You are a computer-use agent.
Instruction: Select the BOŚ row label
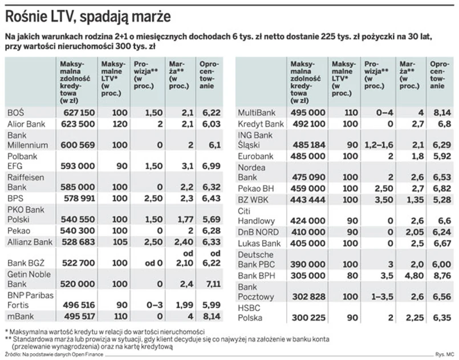tap(15, 113)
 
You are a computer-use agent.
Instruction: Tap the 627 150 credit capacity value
tap(77, 113)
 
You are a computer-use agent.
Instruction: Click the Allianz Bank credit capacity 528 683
tap(77, 242)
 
